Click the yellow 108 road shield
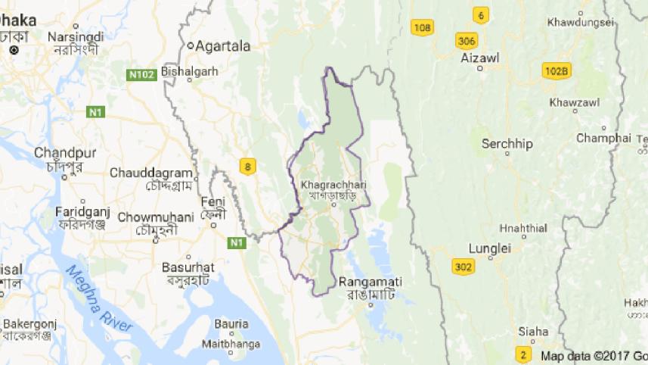tap(423, 28)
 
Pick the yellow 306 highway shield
tap(466, 40)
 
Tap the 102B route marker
tap(556, 71)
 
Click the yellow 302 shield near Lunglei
tap(464, 267)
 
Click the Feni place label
tap(212, 201)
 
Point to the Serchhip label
tap(507, 144)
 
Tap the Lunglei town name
tap(490, 248)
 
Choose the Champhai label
tap(603, 138)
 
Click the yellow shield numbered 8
tap(246, 165)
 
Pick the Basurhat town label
tap(188, 267)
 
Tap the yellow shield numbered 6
tap(480, 14)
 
